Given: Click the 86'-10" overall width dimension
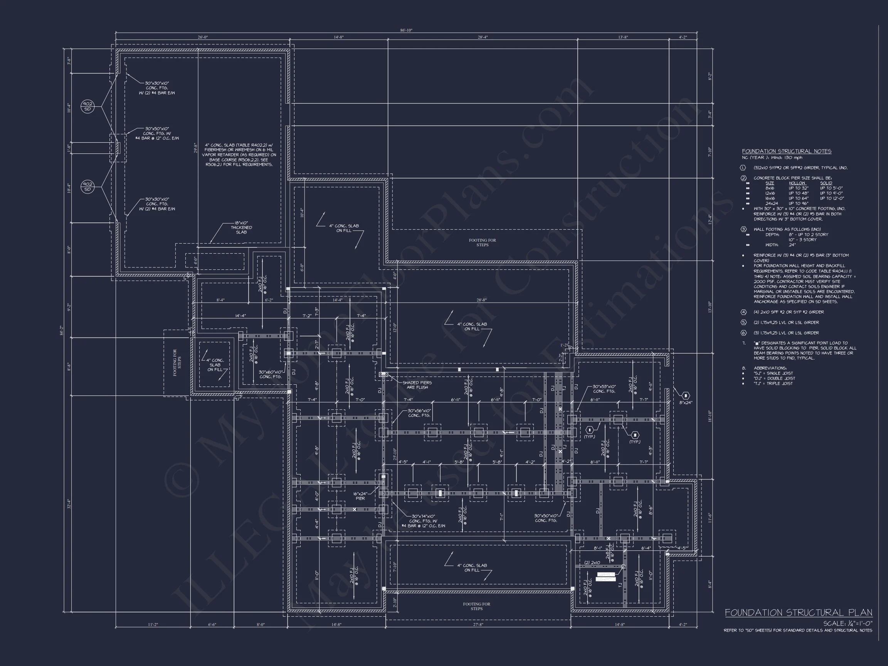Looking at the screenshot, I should pos(406,30).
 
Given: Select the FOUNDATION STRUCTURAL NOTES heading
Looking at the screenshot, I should pos(786,151).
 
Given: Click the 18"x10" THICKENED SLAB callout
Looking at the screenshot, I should pos(241,228).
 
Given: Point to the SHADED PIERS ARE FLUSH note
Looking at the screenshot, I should pos(417,385).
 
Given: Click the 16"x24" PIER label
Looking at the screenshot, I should pos(360,496).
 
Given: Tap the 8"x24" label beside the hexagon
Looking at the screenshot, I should pos(686,402).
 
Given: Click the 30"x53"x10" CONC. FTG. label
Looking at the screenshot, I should pos(604,389).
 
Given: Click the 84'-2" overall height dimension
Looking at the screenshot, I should pos(61,330).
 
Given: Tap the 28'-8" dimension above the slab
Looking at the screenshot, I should pos(481,300).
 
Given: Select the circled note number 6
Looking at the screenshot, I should pos(743,333).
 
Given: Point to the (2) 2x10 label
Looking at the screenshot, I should pos(592,563).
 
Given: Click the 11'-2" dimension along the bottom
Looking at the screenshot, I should pos(153,624).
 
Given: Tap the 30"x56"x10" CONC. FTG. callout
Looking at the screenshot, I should pos(419,413).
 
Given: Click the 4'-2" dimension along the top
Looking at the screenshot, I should pos(683,37).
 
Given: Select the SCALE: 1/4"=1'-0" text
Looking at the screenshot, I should pos(848,624).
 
